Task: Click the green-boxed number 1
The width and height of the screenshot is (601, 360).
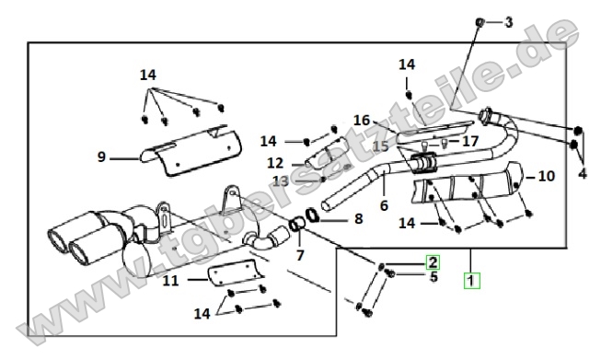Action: tap(471, 280)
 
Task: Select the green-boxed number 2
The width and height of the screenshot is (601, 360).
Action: tap(433, 262)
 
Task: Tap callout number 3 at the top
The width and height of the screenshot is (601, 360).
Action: tap(508, 22)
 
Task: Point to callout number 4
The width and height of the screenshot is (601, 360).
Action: tap(583, 173)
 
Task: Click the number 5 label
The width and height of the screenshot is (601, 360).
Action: tap(433, 276)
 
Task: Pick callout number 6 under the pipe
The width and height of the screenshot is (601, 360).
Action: tap(384, 205)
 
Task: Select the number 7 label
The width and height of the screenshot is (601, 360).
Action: tap(300, 255)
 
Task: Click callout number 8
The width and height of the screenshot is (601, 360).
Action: tap(358, 219)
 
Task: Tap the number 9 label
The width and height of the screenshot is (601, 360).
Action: tap(101, 157)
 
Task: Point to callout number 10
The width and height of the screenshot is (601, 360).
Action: tap(547, 176)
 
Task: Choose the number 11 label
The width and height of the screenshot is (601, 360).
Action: tap(171, 281)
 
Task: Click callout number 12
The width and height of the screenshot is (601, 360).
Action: tap(275, 163)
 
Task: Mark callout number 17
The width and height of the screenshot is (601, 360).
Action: tap(470, 142)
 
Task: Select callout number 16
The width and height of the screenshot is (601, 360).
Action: tap(362, 121)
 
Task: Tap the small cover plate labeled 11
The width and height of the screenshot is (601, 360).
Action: tap(236, 273)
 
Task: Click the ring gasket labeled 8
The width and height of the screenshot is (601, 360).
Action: tap(312, 215)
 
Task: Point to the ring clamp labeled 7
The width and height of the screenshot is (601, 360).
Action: tap(296, 224)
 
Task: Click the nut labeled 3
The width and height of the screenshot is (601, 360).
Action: tap(480, 23)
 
